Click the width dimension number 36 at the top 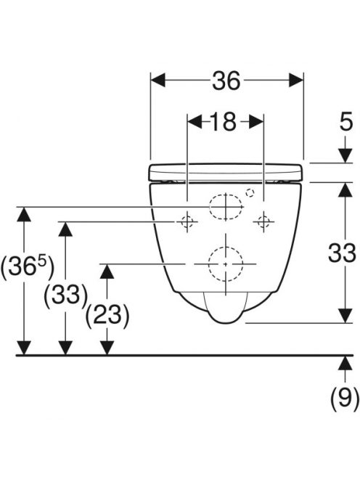coord(226,81)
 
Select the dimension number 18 coord(224,122)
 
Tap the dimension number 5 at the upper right coord(346,122)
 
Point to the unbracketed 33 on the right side coord(342,253)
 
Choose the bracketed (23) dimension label coord(107,315)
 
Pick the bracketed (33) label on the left coord(66,295)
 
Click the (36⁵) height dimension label coord(28,266)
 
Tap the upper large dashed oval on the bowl coord(226,207)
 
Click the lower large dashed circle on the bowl coord(226,264)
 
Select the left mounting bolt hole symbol coord(187,221)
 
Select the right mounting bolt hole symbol coord(263,221)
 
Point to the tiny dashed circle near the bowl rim coord(250,193)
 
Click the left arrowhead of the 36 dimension coord(158,81)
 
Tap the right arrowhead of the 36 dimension coord(296,81)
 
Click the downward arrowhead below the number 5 coord(345,156)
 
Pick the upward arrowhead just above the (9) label coord(345,363)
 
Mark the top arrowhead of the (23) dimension coord(107,271)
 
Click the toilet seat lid coord(226,173)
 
